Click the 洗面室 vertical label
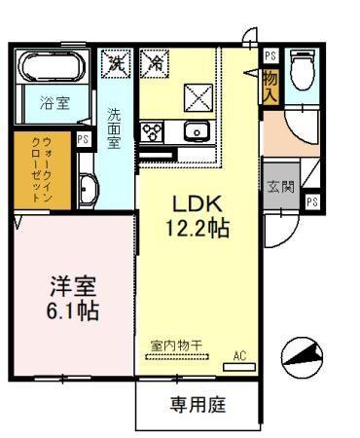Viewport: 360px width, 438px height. point(114,127)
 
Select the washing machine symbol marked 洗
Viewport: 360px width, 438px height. point(117,65)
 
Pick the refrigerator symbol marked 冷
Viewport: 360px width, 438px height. point(154,65)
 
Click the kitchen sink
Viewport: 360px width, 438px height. point(197,132)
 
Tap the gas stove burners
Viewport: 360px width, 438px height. point(153,131)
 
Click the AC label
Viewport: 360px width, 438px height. point(240,355)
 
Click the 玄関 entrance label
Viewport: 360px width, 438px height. point(275,186)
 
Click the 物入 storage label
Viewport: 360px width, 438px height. point(270,86)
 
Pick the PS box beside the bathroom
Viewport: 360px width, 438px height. point(84,139)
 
